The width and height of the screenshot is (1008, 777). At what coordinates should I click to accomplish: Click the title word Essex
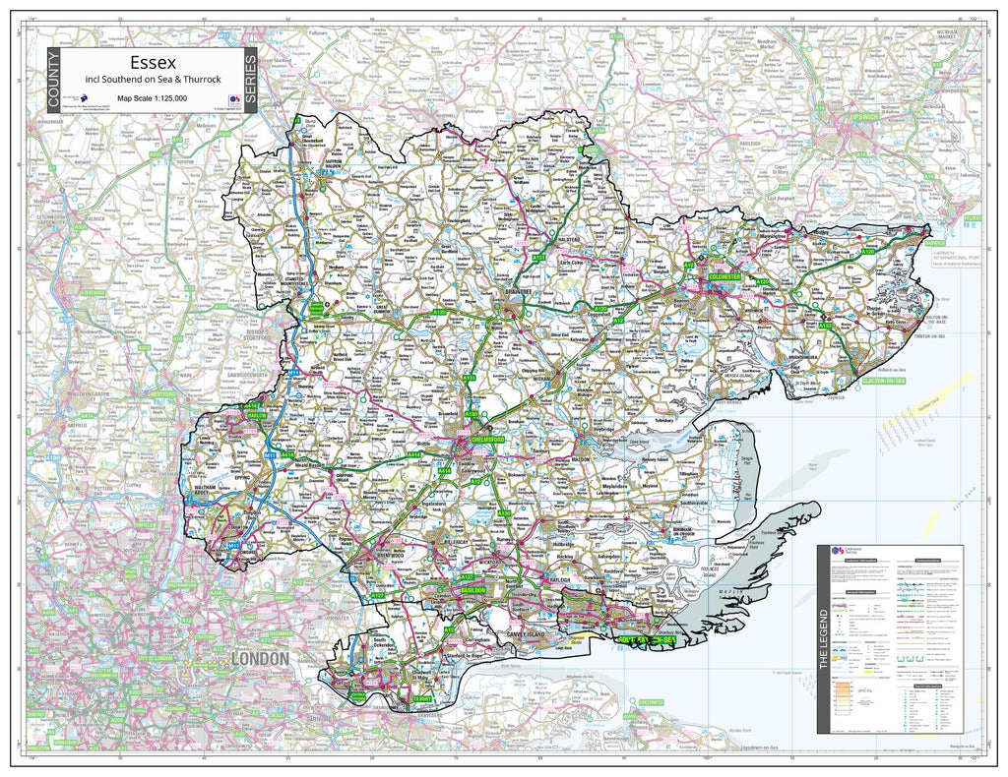coord(153,61)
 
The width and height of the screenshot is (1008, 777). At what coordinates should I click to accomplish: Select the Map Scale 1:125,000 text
coord(153,98)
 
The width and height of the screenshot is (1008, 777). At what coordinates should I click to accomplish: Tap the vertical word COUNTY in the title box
coord(52,83)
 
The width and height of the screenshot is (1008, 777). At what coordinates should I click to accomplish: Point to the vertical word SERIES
coord(250,81)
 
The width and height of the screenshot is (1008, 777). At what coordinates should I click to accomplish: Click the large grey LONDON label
coord(260,658)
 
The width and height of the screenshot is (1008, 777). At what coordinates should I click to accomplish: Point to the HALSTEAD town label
coord(570,239)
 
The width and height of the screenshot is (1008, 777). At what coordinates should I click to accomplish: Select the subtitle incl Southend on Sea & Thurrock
coord(153,80)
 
